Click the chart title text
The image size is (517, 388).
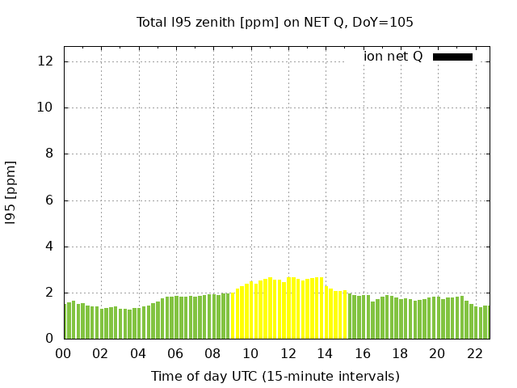(x=275, y=23)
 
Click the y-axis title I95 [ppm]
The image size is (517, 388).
(x=11, y=192)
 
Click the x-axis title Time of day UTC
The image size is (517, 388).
(x=275, y=376)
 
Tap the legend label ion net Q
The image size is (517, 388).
(x=393, y=57)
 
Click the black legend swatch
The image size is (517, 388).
(x=452, y=57)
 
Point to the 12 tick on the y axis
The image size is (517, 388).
(x=47, y=61)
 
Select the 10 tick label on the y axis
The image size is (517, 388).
(x=47, y=108)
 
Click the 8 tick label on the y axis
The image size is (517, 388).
(x=50, y=154)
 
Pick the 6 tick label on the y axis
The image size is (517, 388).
(x=50, y=200)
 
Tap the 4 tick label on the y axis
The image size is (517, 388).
(x=50, y=247)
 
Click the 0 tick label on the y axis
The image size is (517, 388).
(x=50, y=339)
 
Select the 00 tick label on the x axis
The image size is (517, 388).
(x=64, y=353)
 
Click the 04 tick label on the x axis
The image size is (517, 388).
(x=139, y=353)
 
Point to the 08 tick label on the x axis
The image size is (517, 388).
(x=213, y=353)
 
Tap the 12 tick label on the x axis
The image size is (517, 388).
(x=288, y=353)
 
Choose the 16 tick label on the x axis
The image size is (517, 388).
(x=363, y=353)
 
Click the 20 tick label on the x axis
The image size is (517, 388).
(x=438, y=353)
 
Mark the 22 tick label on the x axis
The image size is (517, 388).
(x=475, y=353)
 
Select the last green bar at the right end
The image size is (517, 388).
(x=486, y=323)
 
